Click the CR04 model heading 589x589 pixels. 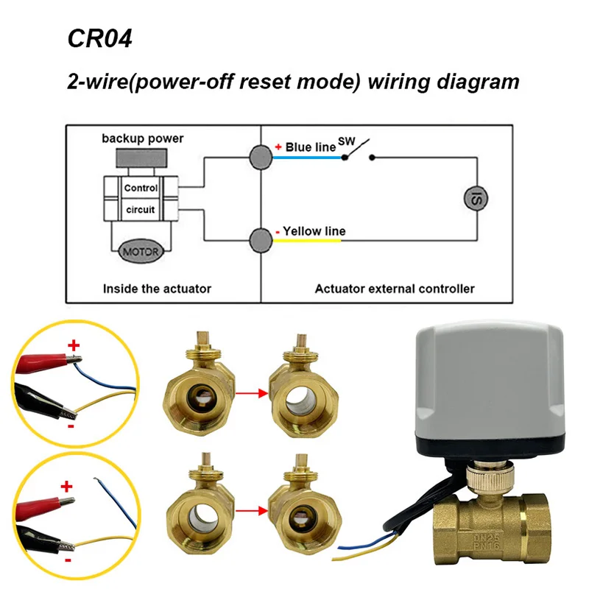pyautogui.click(x=99, y=38)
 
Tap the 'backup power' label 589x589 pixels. pyautogui.click(x=143, y=138)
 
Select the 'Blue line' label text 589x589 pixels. pyautogui.click(x=310, y=147)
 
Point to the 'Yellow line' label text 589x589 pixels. pyautogui.click(x=314, y=231)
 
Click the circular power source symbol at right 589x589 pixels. pyautogui.click(x=472, y=197)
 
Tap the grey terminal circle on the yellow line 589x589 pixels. pyautogui.click(x=261, y=239)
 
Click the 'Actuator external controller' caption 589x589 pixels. pyautogui.click(x=395, y=289)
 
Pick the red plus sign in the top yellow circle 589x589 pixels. pyautogui.click(x=73, y=345)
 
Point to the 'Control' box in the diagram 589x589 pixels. pyautogui.click(x=140, y=188)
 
